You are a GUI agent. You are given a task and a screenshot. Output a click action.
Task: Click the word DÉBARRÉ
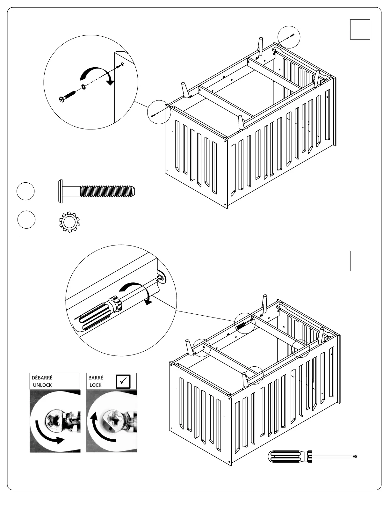[42, 378]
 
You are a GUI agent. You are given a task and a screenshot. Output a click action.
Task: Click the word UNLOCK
[42, 385]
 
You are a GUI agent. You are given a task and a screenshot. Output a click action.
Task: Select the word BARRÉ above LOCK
[96, 378]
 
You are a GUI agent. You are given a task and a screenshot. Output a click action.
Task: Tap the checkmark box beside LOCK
[123, 381]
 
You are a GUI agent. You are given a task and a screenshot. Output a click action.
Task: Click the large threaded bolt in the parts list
[97, 191]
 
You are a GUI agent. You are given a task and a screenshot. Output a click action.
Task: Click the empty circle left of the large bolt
[25, 191]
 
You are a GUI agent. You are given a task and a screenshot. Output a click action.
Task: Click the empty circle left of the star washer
[26, 219]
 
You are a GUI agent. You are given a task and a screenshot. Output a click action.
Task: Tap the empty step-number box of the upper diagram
[360, 29]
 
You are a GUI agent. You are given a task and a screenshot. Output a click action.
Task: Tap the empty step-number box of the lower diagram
[360, 261]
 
